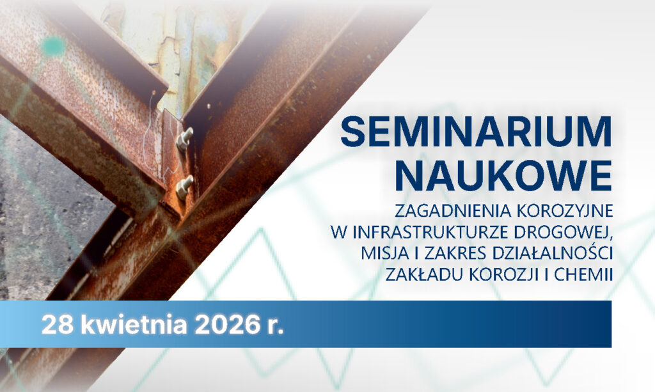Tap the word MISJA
click(372, 252)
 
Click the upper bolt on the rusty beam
click(185, 137)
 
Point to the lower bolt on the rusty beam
click(184, 185)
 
